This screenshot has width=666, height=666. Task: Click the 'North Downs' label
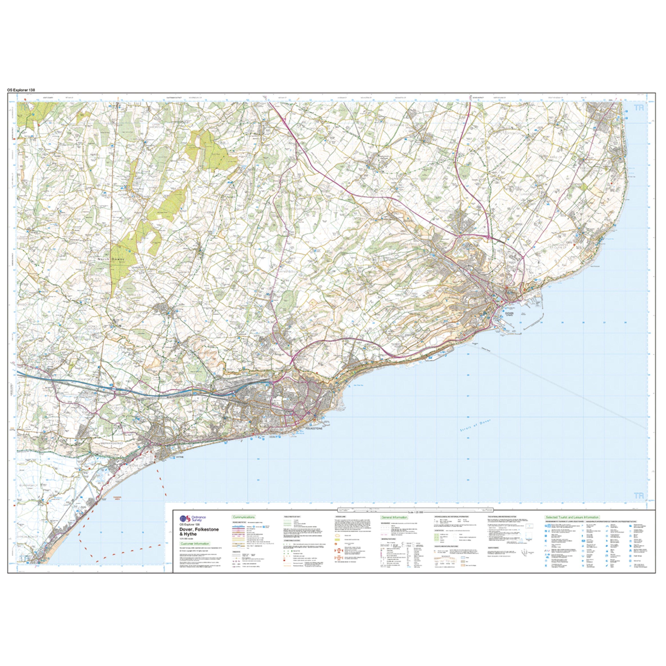coord(108,259)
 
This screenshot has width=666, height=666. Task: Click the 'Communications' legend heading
coord(244,517)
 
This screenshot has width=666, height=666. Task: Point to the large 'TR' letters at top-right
coord(639,108)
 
